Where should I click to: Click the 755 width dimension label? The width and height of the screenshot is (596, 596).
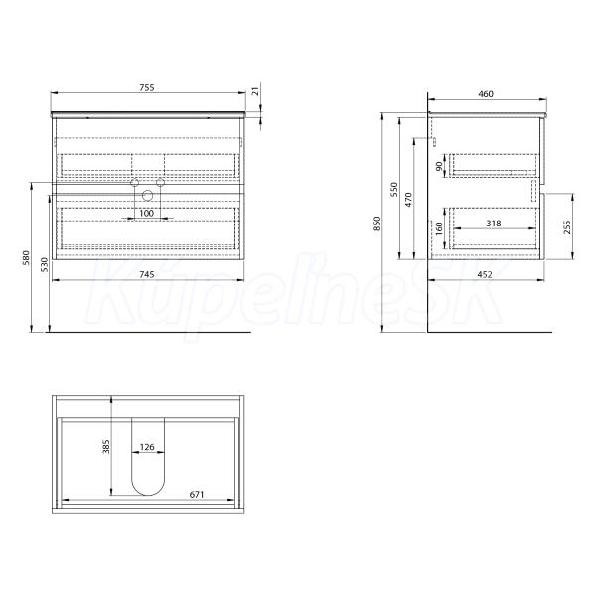(147, 87)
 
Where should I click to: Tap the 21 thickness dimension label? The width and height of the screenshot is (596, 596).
(256, 91)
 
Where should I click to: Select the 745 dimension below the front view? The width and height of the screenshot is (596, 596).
(147, 274)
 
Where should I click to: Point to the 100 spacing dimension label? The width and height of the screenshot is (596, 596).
(146, 213)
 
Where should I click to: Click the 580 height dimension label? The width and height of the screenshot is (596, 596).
(26, 257)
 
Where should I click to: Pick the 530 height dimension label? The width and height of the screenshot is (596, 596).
(45, 264)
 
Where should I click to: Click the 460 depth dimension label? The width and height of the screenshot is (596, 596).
(486, 94)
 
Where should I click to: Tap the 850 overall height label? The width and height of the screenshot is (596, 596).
(377, 223)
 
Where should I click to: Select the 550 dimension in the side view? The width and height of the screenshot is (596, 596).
(394, 189)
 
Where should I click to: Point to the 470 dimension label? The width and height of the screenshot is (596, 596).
(408, 200)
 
